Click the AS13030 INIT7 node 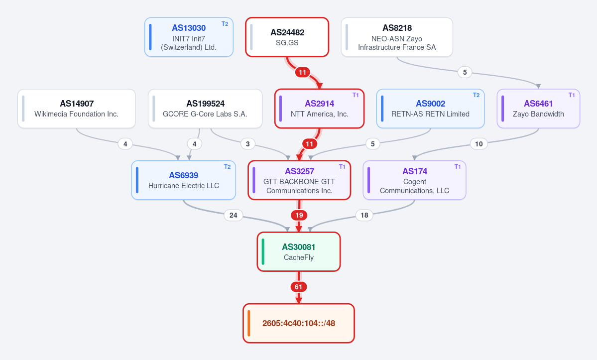189,37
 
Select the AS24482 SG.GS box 287,37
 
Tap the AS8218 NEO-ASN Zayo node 397,37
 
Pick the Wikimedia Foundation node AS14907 77,109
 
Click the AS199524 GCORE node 205,109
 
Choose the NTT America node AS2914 320,109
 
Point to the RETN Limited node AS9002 430,109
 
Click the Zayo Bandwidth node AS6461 538,109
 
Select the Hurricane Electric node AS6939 184,180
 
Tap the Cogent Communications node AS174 415,180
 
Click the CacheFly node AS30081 299,251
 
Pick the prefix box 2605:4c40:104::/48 299,323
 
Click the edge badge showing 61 299,287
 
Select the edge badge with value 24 234,216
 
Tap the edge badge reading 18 364,216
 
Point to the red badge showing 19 299,216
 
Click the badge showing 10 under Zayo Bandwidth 479,144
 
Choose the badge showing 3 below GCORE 248,144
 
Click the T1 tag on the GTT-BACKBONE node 342,167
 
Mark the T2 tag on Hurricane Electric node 228,167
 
